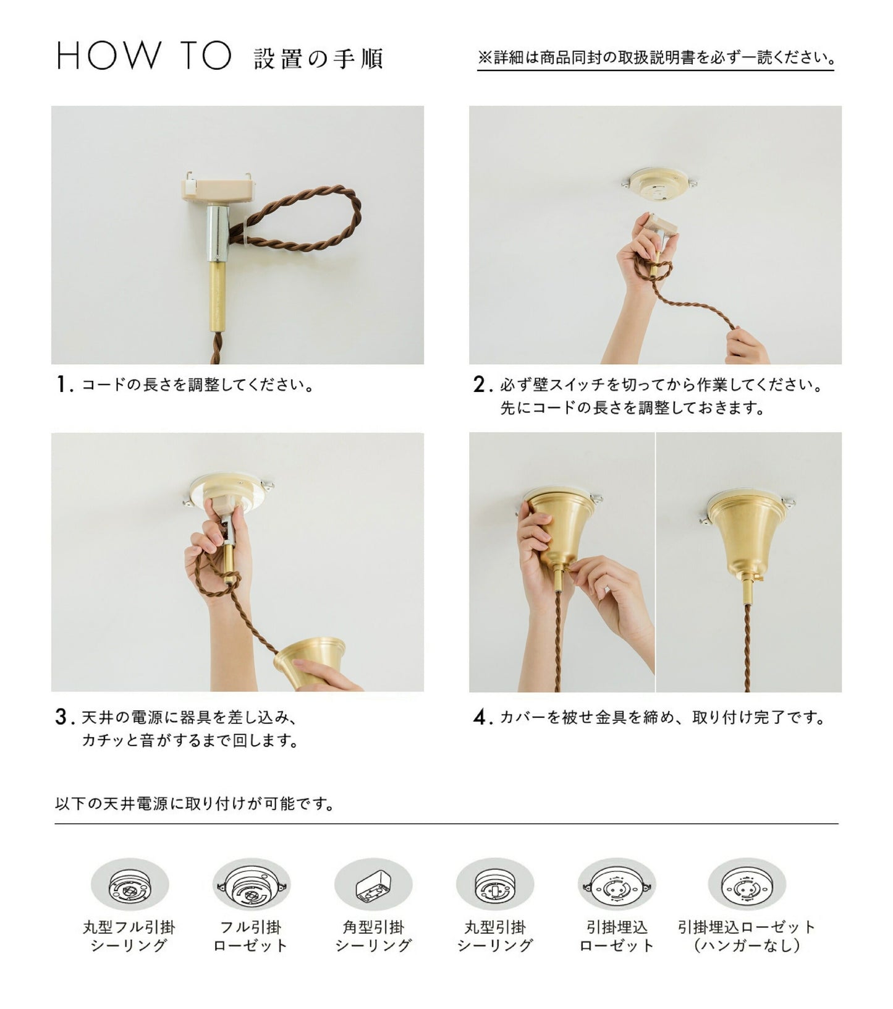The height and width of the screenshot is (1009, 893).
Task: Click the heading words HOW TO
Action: (x=144, y=56)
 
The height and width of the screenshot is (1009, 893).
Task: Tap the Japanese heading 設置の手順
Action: (x=319, y=59)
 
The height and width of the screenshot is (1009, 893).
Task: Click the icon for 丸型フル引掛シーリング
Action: (x=130, y=885)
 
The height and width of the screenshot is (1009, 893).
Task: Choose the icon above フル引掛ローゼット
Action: (x=251, y=885)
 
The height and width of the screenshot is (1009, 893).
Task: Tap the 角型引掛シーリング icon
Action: (x=373, y=885)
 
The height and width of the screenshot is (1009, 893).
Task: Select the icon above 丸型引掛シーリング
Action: (x=495, y=885)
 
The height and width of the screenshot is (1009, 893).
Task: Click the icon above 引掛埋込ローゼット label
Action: (x=617, y=885)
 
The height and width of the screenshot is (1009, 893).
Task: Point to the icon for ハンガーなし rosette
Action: (x=747, y=885)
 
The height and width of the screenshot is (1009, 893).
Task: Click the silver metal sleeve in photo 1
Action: (x=218, y=233)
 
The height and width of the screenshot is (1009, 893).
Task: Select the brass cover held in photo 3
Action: (x=310, y=660)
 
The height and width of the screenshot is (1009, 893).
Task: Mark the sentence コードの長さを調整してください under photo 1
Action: (x=198, y=385)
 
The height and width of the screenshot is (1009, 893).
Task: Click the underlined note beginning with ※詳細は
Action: (x=656, y=58)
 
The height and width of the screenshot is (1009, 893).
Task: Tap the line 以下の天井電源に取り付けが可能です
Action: (x=195, y=804)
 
